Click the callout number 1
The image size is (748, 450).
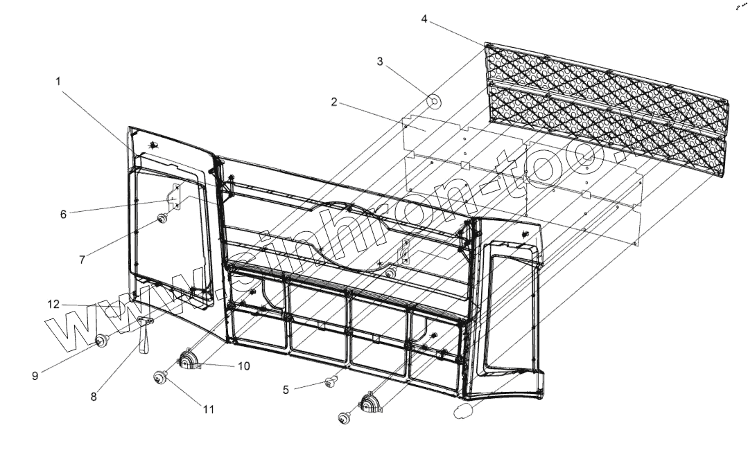[58, 81]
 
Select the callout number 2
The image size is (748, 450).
[334, 102]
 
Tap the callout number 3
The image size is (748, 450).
[380, 62]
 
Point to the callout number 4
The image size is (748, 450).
[424, 18]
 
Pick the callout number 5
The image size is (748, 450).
[286, 389]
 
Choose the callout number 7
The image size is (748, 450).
[82, 260]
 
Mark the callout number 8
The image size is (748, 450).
[94, 397]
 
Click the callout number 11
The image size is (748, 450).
[209, 409]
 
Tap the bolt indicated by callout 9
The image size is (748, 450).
[102, 339]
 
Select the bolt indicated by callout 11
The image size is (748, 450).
[160, 377]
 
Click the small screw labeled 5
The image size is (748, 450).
[331, 380]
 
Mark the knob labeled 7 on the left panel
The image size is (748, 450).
[161, 219]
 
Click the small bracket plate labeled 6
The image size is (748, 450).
[175, 197]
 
